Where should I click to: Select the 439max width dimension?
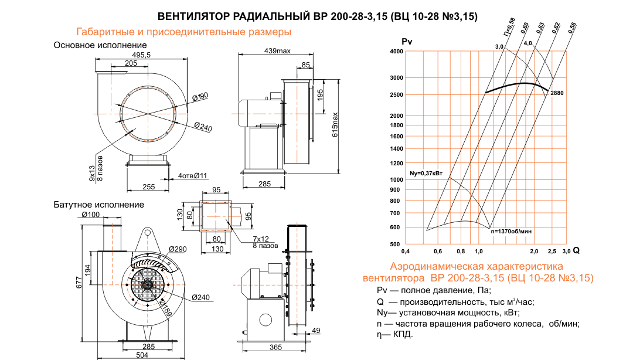pyautogui.click(x=277, y=51)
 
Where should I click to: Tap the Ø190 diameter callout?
pyautogui.click(x=200, y=96)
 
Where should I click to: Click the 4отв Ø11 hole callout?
pyautogui.click(x=193, y=175)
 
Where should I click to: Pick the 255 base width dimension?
pyautogui.click(x=148, y=186)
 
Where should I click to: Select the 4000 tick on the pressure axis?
pyautogui.click(x=396, y=52)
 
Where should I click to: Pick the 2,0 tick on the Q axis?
pyautogui.click(x=534, y=251)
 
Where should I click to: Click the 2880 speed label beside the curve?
pyautogui.click(x=557, y=93)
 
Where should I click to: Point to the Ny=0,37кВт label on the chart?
pyautogui.click(x=426, y=174)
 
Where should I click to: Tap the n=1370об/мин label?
pyautogui.click(x=514, y=232)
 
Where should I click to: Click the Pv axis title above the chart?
pyautogui.click(x=407, y=42)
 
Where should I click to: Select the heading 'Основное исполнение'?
pyautogui.click(x=100, y=45)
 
